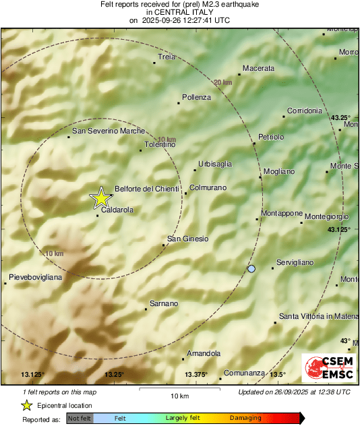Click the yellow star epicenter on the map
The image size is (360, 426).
(x=100, y=198)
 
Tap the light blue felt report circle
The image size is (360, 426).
(x=251, y=269)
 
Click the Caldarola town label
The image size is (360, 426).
(x=117, y=210)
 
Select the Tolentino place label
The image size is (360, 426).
(x=160, y=144)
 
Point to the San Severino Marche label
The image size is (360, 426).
(x=109, y=131)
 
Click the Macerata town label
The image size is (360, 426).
(x=258, y=69)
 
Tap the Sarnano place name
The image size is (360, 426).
(x=163, y=303)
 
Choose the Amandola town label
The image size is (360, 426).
(x=204, y=353)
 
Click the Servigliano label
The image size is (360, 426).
(x=297, y=262)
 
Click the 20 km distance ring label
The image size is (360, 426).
(x=222, y=82)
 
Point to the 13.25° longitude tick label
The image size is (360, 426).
(x=114, y=375)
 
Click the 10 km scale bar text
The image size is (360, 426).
(x=179, y=396)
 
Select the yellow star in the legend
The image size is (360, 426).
(x=26, y=406)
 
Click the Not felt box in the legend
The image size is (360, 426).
(x=80, y=419)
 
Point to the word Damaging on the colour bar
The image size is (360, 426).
(x=245, y=419)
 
